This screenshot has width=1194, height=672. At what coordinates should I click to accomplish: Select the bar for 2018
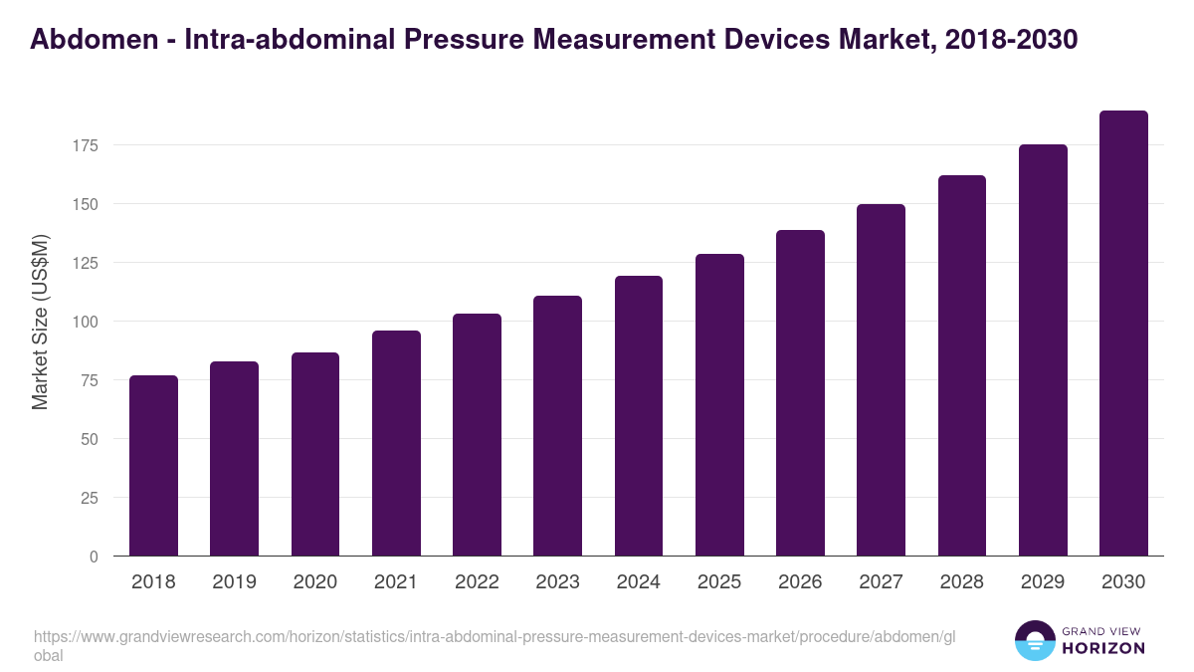[x=153, y=466]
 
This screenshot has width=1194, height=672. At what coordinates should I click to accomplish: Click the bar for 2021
[x=396, y=443]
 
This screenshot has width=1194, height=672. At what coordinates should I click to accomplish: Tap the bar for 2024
[x=639, y=416]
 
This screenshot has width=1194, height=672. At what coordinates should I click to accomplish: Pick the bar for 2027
[x=881, y=380]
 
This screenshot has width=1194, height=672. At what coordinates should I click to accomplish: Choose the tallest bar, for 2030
[x=1123, y=334]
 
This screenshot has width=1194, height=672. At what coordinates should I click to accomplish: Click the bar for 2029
[x=1043, y=350]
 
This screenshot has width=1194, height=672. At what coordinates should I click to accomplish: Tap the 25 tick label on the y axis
[x=90, y=498]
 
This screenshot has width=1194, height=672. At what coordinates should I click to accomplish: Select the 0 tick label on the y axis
[x=94, y=557]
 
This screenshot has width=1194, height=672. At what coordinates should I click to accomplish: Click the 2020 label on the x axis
[x=314, y=582]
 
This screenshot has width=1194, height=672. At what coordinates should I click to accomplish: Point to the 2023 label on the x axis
[x=557, y=582]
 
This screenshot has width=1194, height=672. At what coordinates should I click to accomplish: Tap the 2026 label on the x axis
[x=800, y=582]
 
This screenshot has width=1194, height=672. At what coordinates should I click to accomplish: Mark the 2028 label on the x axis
[x=961, y=582]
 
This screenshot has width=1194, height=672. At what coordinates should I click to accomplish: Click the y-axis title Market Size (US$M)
[x=40, y=322]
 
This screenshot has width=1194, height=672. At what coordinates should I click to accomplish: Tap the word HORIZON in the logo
[x=1103, y=648]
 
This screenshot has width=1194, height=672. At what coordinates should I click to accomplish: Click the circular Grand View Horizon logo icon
[x=1035, y=640]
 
